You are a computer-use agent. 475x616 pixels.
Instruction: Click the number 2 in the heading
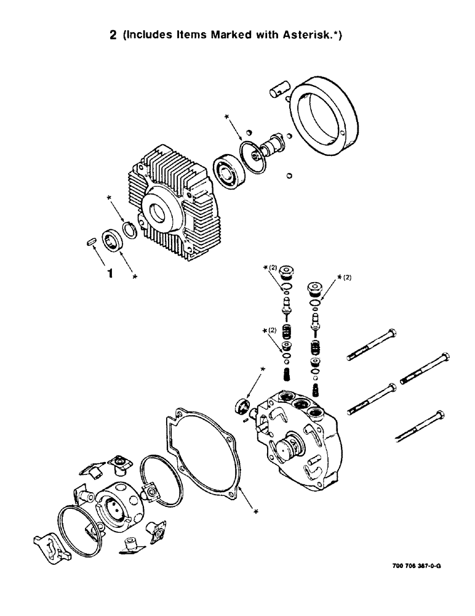pyautogui.click(x=113, y=36)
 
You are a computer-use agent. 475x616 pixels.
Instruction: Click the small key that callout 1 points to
pyautogui.click(x=89, y=243)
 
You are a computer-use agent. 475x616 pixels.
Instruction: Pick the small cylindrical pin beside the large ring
pyautogui.click(x=278, y=91)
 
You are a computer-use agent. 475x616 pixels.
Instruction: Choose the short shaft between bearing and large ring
pyautogui.click(x=271, y=147)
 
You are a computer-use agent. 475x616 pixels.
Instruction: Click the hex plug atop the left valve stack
pyautogui.click(x=287, y=274)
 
